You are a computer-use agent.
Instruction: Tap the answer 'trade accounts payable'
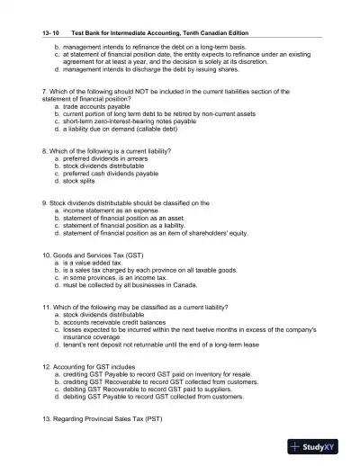click(97, 107)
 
